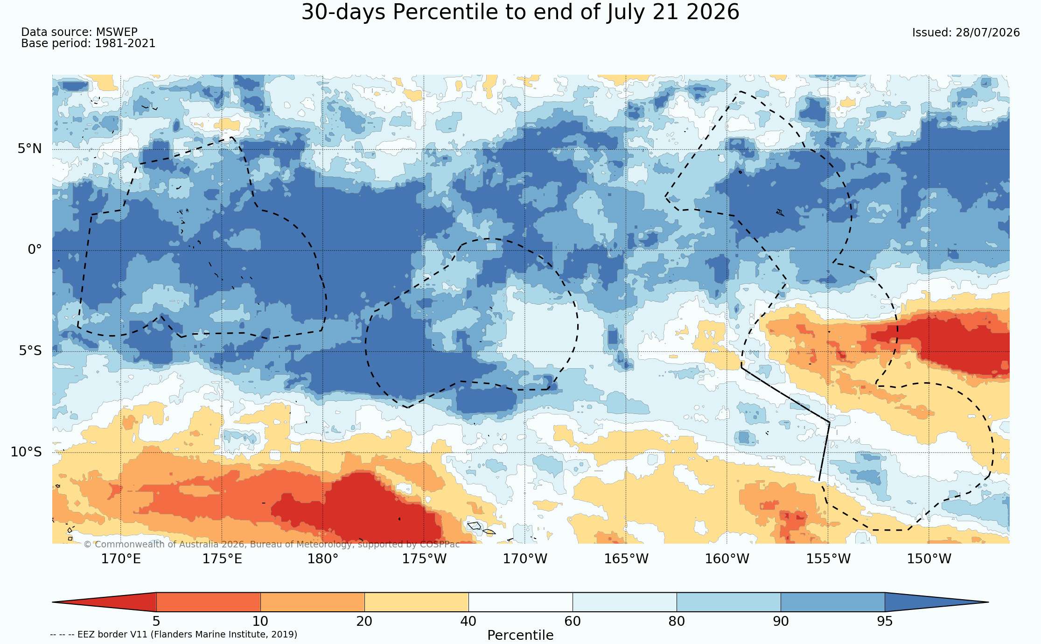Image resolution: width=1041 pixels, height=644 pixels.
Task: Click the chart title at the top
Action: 520,12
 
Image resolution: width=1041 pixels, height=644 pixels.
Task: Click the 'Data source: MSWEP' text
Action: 79,32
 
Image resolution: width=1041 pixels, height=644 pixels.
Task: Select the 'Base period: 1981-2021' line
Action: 88,43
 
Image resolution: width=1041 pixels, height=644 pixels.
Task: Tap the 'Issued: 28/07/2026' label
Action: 966,33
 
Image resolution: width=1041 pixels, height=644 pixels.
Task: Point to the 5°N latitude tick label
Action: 30,149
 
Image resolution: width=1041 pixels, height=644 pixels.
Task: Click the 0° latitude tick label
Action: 35,250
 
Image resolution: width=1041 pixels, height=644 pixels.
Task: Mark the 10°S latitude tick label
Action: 26,452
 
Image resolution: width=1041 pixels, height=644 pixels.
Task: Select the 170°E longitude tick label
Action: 121,559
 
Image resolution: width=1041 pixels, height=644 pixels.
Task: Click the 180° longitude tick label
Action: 322,559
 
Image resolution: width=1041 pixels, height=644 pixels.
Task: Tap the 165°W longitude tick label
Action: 626,559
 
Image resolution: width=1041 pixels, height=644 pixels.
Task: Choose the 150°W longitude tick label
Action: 929,559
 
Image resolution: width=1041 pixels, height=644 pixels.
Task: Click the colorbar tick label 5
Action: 156,621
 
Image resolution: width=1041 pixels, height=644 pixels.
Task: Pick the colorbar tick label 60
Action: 573,621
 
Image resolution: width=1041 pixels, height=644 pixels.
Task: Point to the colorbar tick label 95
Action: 885,621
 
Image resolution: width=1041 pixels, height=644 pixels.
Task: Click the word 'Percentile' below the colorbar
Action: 520,635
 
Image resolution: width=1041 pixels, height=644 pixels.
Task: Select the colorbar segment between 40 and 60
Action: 520,602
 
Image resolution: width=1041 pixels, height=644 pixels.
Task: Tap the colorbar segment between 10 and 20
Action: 312,602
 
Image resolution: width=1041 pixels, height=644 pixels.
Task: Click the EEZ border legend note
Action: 174,634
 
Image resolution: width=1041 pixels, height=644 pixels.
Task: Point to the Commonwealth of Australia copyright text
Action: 272,544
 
